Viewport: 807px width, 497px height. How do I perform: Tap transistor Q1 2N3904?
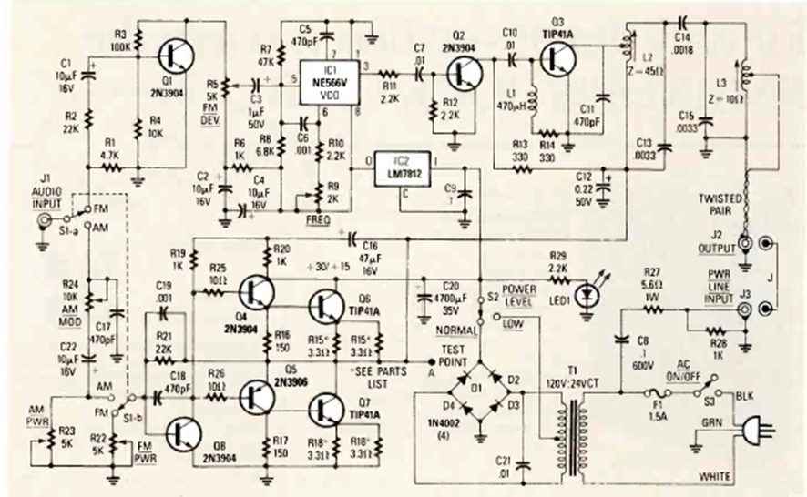point(173,58)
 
